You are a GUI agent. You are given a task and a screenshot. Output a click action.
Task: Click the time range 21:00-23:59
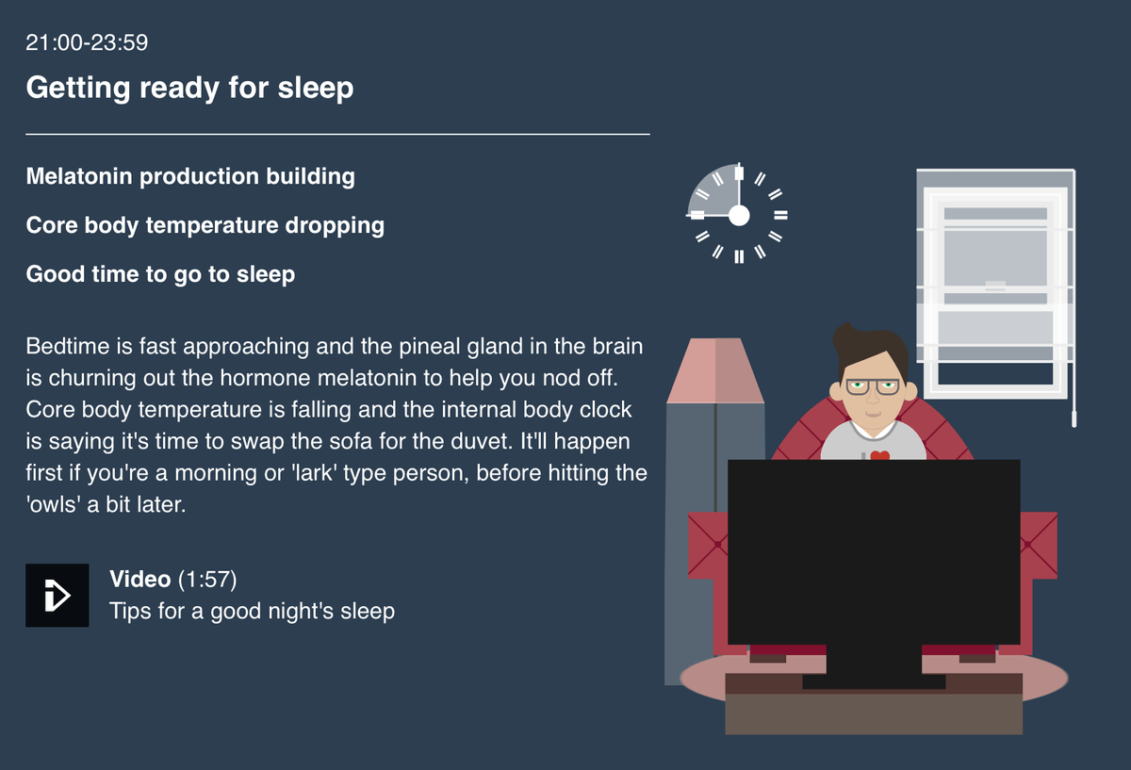click(x=87, y=42)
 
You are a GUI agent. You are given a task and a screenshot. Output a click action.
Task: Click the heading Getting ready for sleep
click(x=189, y=88)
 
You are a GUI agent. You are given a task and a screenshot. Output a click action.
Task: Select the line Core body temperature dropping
click(x=205, y=225)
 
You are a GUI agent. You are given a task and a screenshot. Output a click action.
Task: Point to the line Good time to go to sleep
click(x=160, y=274)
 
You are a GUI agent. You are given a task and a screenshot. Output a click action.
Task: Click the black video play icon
click(x=57, y=596)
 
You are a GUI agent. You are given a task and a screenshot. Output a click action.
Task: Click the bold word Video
click(x=139, y=579)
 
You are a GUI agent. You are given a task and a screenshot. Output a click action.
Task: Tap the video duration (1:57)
click(x=207, y=580)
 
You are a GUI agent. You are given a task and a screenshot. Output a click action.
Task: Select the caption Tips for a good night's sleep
click(x=252, y=611)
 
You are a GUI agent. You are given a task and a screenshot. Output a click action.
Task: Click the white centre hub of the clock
click(x=739, y=216)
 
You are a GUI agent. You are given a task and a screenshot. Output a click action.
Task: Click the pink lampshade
click(x=715, y=370)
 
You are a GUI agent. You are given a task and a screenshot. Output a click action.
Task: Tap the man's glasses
click(x=873, y=387)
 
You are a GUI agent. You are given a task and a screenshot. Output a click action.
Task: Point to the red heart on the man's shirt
click(x=880, y=455)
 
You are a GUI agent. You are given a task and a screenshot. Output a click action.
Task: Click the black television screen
click(x=874, y=552)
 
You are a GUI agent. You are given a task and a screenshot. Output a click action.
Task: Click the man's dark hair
click(x=869, y=350)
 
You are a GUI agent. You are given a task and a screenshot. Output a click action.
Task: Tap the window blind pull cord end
click(x=1074, y=419)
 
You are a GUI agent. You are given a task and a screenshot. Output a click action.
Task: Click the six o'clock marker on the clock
click(x=739, y=256)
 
